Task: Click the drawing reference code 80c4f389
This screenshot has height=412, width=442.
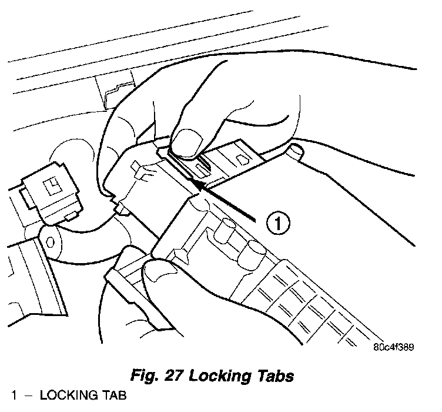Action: click(393, 347)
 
